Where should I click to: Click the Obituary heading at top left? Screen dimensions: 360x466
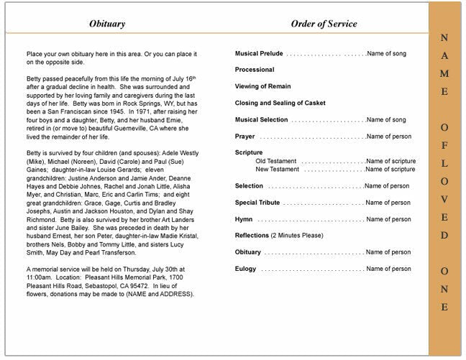pyautogui.click(x=106, y=24)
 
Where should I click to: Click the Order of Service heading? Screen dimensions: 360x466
pyautogui.click(x=324, y=24)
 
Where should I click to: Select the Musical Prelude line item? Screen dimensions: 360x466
pyautogui.click(x=259, y=54)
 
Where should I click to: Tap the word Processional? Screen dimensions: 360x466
pyautogui.click(x=255, y=70)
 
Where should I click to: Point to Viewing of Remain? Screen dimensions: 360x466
pyautogui.click(x=262, y=87)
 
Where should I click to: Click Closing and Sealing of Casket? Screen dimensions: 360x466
pyautogui.click(x=280, y=103)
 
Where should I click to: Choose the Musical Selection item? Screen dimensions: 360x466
pyautogui.click(x=261, y=120)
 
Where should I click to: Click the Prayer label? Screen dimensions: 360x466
pyautogui.click(x=245, y=137)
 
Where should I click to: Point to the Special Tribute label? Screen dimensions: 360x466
pyautogui.click(x=257, y=203)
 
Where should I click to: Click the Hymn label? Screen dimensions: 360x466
pyautogui.click(x=243, y=219)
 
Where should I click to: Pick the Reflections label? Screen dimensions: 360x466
pyautogui.click(x=252, y=236)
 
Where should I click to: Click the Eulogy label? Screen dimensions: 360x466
pyautogui.click(x=245, y=269)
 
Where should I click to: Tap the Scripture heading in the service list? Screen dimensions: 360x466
pyautogui.click(x=249, y=153)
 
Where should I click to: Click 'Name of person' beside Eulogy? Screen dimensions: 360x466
pyautogui.click(x=388, y=269)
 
